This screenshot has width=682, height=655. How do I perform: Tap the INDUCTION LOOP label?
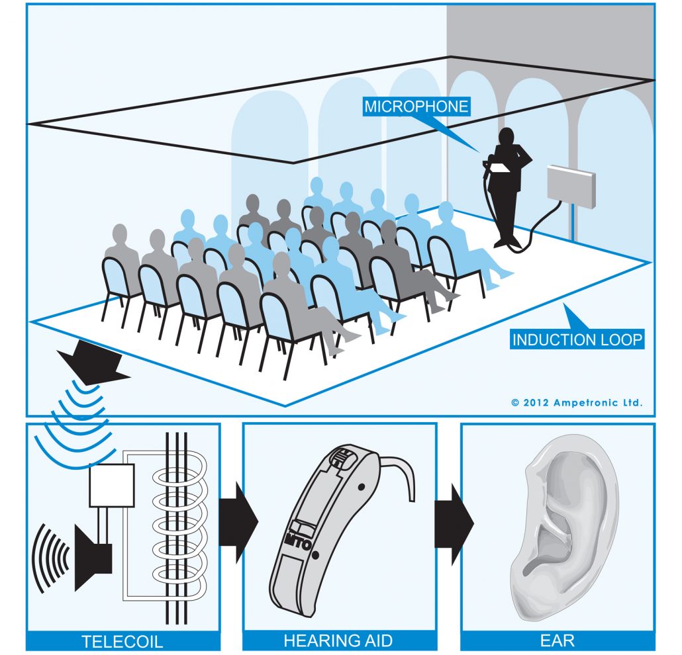click(x=577, y=340)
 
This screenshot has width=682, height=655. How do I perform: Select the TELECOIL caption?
click(x=122, y=640)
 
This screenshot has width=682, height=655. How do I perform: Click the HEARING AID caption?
click(x=338, y=640)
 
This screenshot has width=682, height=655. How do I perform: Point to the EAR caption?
click(x=558, y=640)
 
